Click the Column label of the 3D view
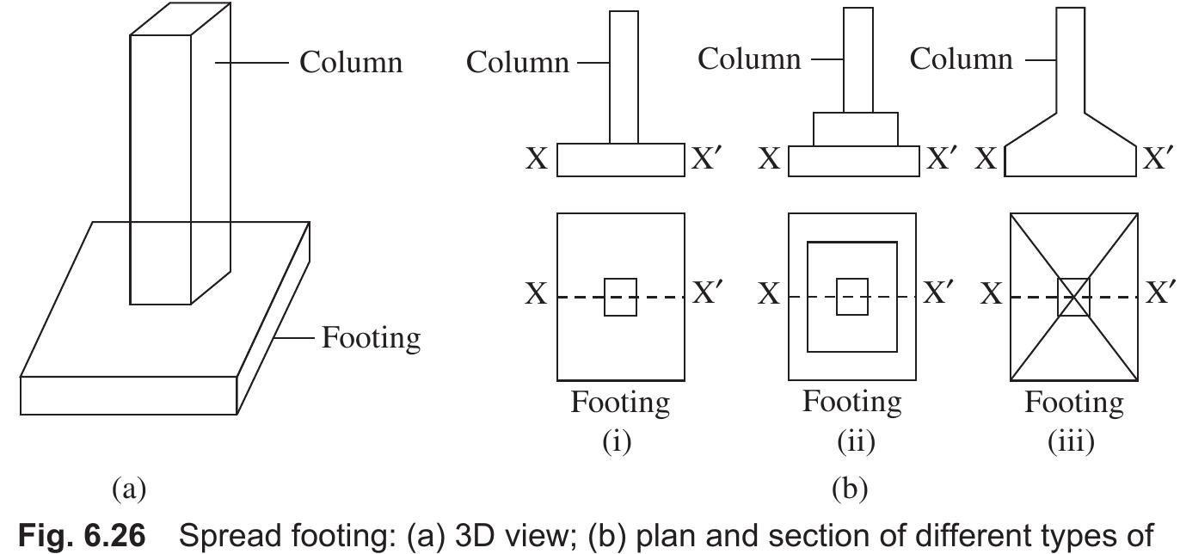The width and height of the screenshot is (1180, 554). click(350, 62)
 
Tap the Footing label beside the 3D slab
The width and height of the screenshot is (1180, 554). click(371, 338)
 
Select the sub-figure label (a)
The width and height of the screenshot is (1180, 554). click(129, 489)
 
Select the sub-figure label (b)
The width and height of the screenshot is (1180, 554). click(851, 489)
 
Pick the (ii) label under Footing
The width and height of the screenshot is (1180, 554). click(854, 441)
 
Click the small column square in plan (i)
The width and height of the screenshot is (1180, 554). click(620, 297)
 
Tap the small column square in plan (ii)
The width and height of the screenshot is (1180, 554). click(852, 297)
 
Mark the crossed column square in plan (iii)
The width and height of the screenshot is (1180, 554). click(1073, 297)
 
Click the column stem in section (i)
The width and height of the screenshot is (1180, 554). click(624, 77)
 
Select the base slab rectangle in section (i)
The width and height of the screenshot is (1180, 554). click(620, 160)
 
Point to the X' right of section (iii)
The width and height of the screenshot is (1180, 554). click(1158, 158)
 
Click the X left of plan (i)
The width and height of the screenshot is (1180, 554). click(537, 294)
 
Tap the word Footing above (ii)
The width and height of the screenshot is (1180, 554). click(852, 402)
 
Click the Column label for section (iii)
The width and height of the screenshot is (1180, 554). click(961, 59)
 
